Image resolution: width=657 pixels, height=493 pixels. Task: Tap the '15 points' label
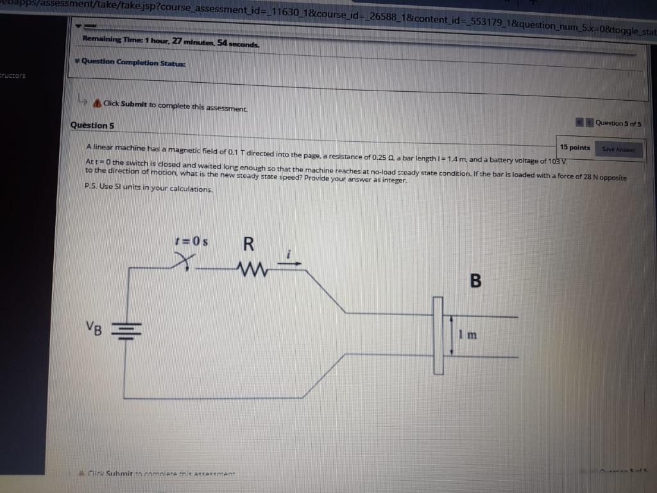[x=575, y=148]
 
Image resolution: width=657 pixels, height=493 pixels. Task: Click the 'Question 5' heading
[x=92, y=125]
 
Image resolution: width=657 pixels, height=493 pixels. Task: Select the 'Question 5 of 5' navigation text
[x=618, y=123]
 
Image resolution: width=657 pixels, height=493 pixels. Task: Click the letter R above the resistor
[x=249, y=245]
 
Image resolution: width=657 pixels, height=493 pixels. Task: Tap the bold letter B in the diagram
[x=475, y=281]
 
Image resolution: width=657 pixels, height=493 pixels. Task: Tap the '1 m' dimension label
[x=466, y=334]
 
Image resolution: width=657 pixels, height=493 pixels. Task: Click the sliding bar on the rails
[x=439, y=335]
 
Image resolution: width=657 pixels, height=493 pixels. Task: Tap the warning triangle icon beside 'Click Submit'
[x=97, y=103]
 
